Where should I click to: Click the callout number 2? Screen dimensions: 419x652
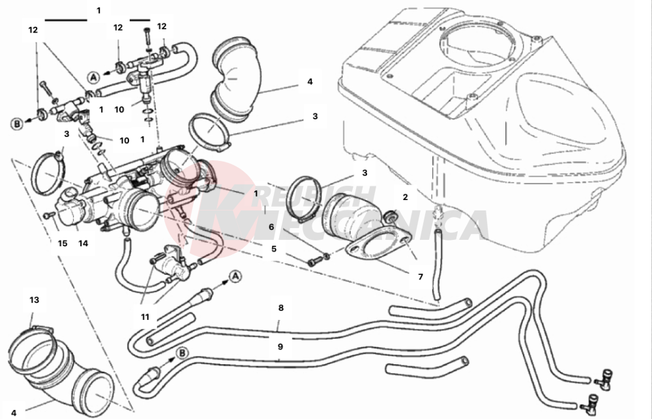(405, 196)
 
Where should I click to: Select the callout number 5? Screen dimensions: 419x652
(274, 248)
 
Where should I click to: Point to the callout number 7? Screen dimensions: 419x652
(421, 277)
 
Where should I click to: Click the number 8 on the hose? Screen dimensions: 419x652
(280, 307)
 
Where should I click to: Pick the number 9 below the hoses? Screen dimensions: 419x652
(280, 347)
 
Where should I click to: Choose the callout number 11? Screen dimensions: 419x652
(145, 317)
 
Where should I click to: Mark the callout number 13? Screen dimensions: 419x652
(34, 300)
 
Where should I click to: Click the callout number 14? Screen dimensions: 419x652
(83, 243)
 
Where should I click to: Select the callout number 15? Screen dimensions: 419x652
(62, 243)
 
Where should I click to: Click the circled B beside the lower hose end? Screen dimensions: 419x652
(182, 353)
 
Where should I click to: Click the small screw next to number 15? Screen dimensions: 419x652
(48, 215)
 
